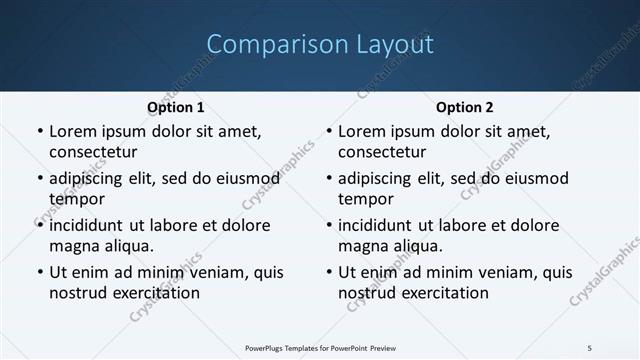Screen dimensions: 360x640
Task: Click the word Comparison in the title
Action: click(x=266, y=45)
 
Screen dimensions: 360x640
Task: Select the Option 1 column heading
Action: click(x=176, y=107)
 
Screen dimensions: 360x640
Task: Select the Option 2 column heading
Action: click(x=465, y=107)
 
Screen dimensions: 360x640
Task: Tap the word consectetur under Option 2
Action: click(x=382, y=152)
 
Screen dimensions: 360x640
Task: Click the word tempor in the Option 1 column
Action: click(x=75, y=199)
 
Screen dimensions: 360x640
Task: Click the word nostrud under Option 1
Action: click(x=78, y=293)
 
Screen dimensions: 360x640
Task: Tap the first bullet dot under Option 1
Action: click(x=39, y=131)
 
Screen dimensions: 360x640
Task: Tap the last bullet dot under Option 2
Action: click(x=328, y=272)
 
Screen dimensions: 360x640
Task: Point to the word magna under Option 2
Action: click(x=362, y=246)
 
